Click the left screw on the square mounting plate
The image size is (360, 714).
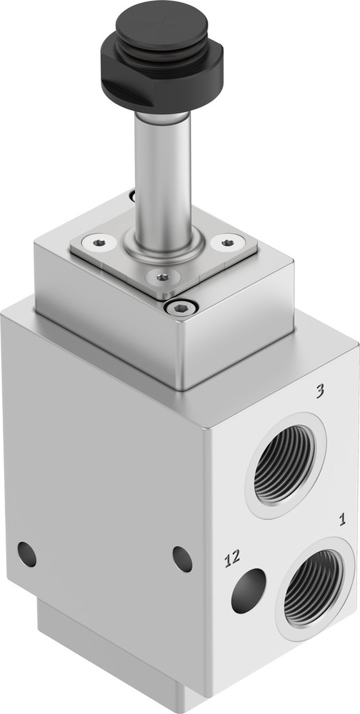point(99,243)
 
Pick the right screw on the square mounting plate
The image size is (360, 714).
point(227,243)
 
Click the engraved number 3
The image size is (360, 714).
point(321,391)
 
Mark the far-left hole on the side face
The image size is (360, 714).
point(26,554)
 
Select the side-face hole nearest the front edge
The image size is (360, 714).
point(183,558)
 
